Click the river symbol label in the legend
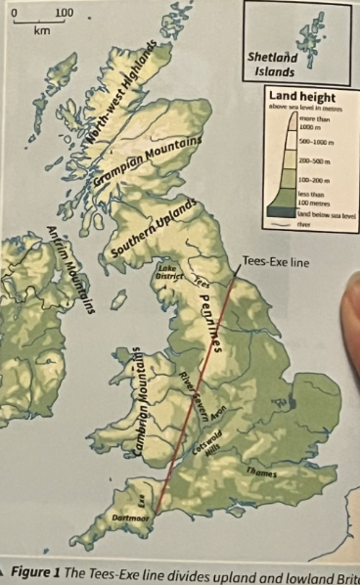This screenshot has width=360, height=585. pyautogui.click(x=306, y=221)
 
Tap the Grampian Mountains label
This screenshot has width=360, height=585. pyautogui.click(x=148, y=157)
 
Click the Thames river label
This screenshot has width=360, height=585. pyautogui.click(x=262, y=473)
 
